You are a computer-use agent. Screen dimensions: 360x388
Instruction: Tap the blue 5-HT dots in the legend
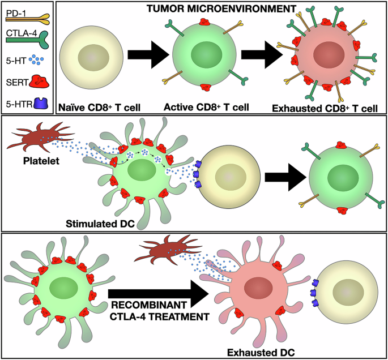point(37,57)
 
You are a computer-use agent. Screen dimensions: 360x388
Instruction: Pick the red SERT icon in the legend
point(37,81)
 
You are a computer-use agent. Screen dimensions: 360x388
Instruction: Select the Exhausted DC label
point(258,352)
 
